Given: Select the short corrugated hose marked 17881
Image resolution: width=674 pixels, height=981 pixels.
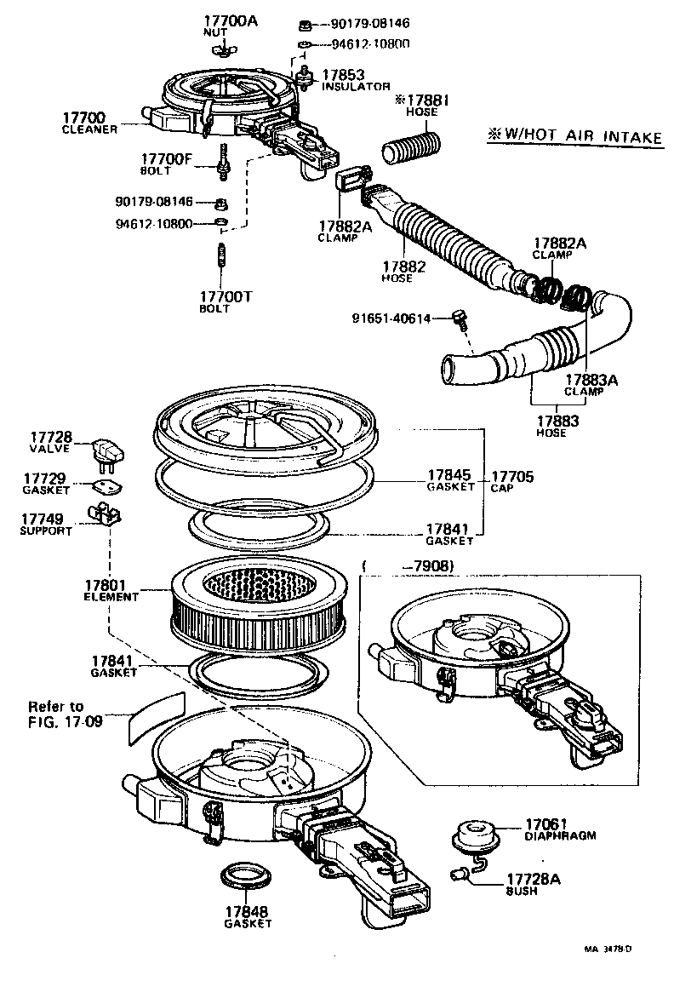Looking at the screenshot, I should (411, 148).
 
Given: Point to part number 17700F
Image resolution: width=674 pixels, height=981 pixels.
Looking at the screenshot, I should (168, 158).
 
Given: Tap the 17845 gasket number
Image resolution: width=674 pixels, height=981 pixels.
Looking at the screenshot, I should (449, 477).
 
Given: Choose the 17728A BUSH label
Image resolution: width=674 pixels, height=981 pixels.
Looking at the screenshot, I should (534, 883).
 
